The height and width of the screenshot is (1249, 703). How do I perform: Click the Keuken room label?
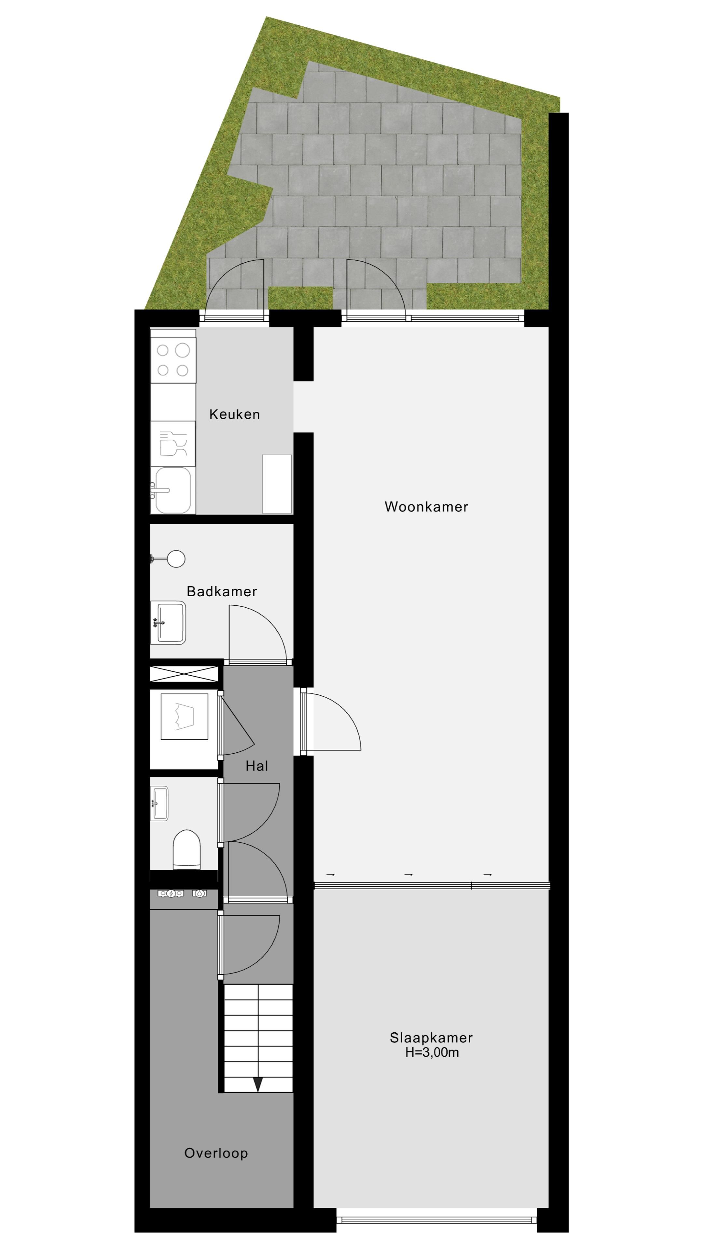click(234, 415)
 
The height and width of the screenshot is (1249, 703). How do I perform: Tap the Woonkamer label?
click(426, 507)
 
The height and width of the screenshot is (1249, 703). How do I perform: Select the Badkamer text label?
click(222, 592)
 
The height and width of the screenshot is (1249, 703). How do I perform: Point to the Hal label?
click(257, 766)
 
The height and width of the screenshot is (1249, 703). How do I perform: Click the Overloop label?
click(216, 1153)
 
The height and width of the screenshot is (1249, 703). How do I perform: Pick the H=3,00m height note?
click(432, 1052)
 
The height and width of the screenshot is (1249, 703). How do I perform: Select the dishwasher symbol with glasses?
click(173, 444)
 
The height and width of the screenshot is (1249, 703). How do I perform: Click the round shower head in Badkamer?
click(176, 559)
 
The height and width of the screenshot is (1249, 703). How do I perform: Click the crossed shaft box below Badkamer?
click(184, 674)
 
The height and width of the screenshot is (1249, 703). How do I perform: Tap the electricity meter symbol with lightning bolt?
click(171, 893)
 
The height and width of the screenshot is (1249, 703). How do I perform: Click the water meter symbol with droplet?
click(200, 893)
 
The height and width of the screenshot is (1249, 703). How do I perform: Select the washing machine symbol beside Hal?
click(184, 716)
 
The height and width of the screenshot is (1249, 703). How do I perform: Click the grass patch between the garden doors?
click(300, 297)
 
